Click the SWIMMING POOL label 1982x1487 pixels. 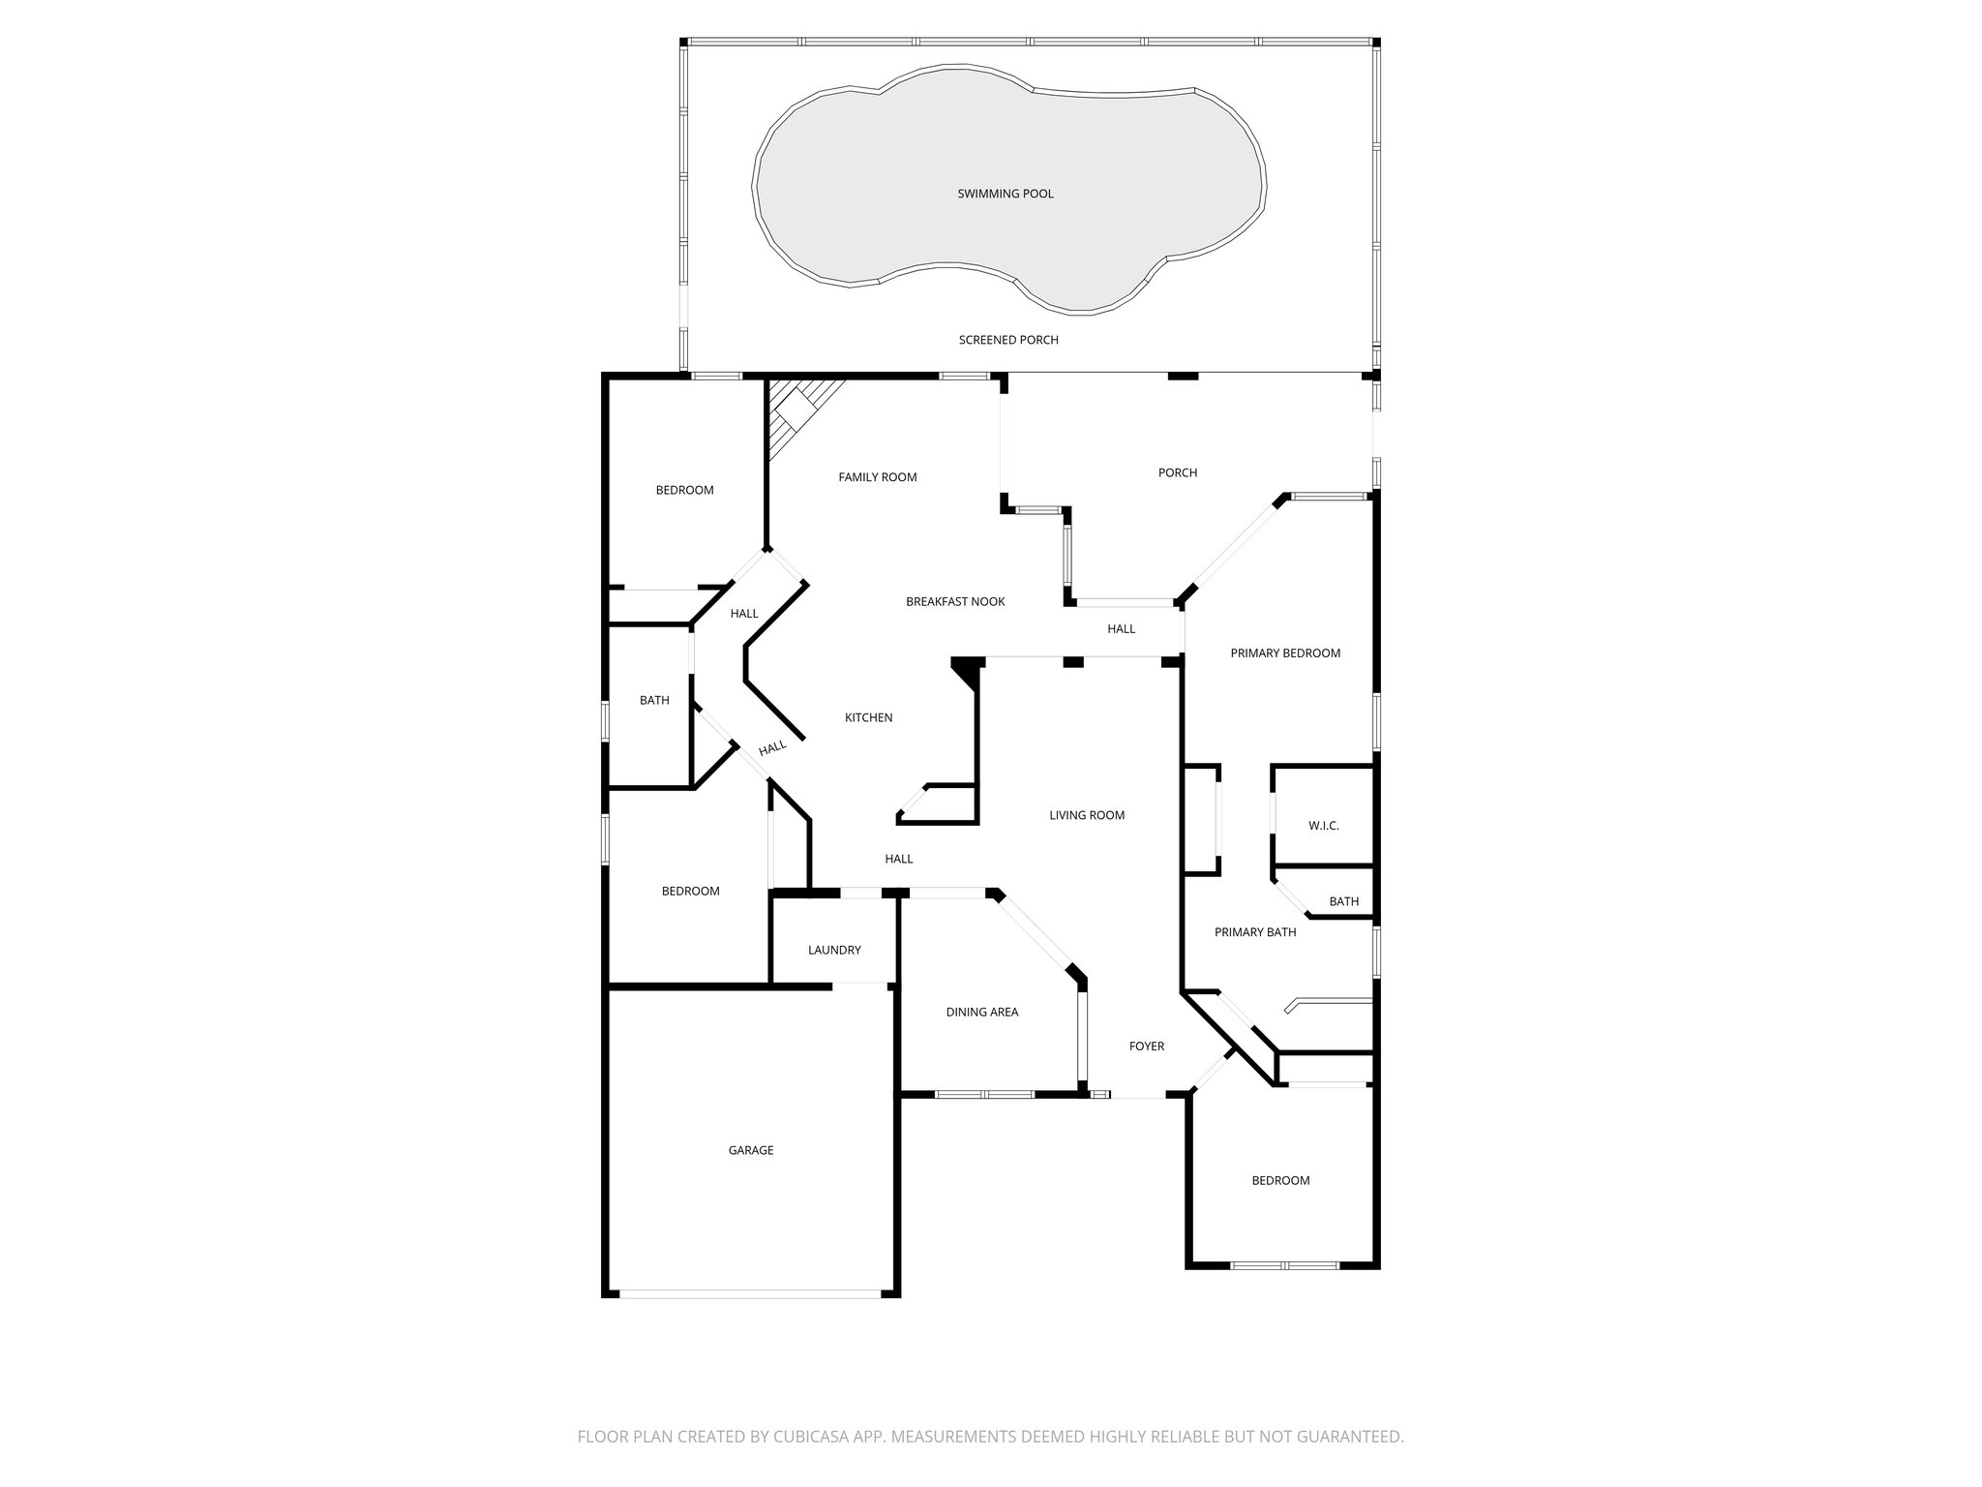[x=1006, y=194]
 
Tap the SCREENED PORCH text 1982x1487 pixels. [x=1008, y=340]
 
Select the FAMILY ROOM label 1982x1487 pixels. [x=877, y=477]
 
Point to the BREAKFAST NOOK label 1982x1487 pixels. [x=955, y=602]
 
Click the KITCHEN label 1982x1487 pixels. [x=868, y=717]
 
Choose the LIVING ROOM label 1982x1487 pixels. [x=1087, y=815]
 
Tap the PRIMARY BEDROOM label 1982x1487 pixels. [x=1285, y=653]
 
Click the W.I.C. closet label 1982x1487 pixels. [x=1323, y=826]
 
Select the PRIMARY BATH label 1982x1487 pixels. [x=1255, y=932]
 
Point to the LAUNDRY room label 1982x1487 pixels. [x=834, y=951]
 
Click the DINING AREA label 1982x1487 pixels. [x=981, y=1013]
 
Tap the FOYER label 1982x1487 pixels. [x=1147, y=1047]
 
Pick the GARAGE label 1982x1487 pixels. [x=751, y=1151]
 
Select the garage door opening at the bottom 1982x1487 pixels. [x=751, y=1293]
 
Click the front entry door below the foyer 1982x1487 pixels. [x=1138, y=1096]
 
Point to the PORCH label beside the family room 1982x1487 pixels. [x=1178, y=472]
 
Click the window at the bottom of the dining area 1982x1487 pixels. [x=984, y=1095]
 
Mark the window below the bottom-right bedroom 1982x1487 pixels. [x=1284, y=1265]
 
